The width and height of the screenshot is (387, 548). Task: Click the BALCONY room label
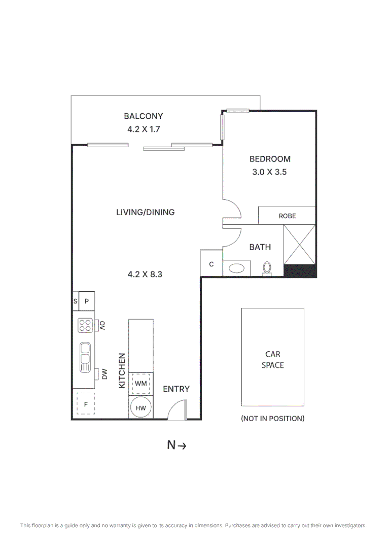pyautogui.click(x=144, y=116)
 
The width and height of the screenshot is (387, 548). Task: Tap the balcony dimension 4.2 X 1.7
pyautogui.click(x=144, y=129)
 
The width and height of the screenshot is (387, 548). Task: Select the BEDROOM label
pyautogui.click(x=270, y=159)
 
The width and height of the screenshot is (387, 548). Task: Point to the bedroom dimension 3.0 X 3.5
pyautogui.click(x=270, y=172)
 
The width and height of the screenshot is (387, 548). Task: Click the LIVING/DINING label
pyautogui.click(x=145, y=212)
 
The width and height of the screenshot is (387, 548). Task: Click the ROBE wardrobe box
pyautogui.click(x=287, y=216)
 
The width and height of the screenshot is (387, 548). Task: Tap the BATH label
pyautogui.click(x=260, y=247)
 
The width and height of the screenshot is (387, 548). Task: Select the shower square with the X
pyautogui.click(x=300, y=245)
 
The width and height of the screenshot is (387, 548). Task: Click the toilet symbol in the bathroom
pyautogui.click(x=267, y=268)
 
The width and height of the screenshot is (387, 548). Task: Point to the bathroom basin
pyautogui.click(x=237, y=267)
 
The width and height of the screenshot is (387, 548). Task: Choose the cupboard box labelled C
pyautogui.click(x=212, y=264)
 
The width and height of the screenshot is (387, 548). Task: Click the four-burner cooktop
pyautogui.click(x=85, y=325)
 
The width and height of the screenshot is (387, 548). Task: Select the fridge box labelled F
pyautogui.click(x=86, y=404)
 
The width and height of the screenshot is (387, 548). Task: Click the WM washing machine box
pyautogui.click(x=141, y=384)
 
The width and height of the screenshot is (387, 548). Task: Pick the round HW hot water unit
pyautogui.click(x=141, y=408)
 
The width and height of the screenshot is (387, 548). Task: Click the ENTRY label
pyautogui.click(x=176, y=389)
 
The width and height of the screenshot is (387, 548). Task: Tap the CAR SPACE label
pyautogui.click(x=272, y=360)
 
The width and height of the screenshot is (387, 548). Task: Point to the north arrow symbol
pyautogui.click(x=178, y=446)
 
